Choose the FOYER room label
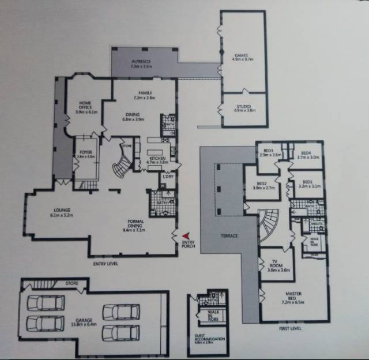[86, 152]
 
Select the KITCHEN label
[158, 159]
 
